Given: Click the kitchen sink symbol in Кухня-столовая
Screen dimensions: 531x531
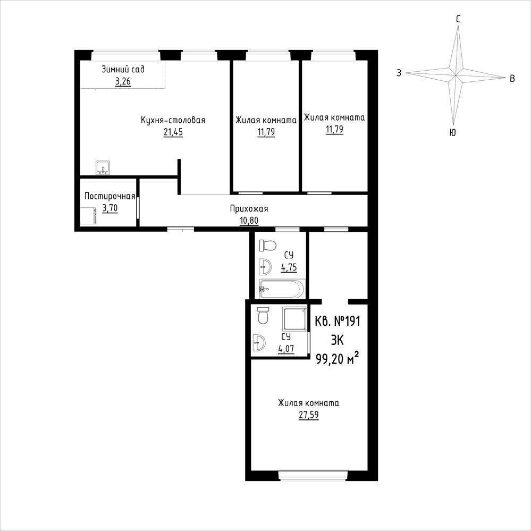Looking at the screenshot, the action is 103,168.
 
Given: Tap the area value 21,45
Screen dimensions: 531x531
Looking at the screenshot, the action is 173,132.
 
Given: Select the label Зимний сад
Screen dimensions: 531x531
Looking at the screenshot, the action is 123,70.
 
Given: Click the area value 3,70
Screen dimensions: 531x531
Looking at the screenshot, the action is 110,208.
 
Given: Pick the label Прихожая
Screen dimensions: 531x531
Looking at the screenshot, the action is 249,208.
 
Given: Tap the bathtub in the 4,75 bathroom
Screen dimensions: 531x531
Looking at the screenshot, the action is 282,289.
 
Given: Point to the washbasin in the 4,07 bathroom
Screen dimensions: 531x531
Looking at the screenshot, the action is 259,343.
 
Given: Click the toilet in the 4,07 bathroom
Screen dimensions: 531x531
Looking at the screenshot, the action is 263,316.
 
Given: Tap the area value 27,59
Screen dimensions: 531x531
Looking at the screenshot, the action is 308,415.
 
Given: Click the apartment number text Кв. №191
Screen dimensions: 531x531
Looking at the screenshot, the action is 338,321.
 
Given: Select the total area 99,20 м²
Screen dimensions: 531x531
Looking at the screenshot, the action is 338,358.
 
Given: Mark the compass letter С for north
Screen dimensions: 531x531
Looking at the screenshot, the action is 458,19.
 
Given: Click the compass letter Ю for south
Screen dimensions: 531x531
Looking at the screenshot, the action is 452,133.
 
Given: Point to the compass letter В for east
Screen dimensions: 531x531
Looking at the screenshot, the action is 512,79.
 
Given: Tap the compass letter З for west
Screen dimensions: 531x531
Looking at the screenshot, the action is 399,73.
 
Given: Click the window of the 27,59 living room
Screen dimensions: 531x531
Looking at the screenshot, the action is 310,476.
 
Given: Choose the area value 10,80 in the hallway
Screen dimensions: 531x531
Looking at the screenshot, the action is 249,221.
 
